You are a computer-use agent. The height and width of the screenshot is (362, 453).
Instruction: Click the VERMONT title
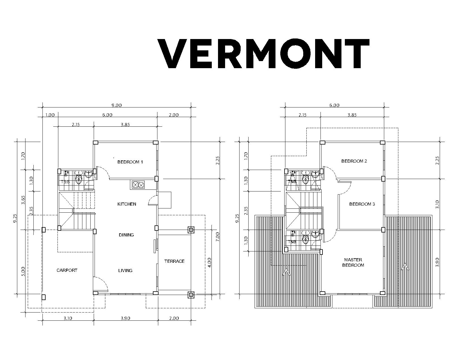[x=263, y=54]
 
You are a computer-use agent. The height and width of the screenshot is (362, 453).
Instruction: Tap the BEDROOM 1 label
[x=130, y=162]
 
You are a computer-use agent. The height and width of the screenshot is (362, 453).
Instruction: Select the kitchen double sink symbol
[x=138, y=185]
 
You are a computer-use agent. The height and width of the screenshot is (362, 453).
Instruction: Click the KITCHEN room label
[x=127, y=204]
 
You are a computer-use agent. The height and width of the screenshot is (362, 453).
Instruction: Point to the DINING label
[x=126, y=235]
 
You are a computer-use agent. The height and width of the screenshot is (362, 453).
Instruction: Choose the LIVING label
[x=125, y=270]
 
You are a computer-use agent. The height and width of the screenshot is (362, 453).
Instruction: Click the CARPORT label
[x=67, y=270]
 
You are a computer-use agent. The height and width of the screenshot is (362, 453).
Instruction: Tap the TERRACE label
[x=174, y=261]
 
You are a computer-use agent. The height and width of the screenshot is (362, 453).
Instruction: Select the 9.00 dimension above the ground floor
[x=116, y=105]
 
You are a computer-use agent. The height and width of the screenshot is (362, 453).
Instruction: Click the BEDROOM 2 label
[x=354, y=161]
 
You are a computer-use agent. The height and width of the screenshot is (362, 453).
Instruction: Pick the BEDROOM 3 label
[x=362, y=204]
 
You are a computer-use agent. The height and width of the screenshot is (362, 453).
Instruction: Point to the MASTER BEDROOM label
[x=353, y=262]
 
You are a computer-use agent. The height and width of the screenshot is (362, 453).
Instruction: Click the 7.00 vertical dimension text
[x=218, y=237]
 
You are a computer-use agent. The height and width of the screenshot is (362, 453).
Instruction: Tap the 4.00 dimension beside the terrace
[x=210, y=263]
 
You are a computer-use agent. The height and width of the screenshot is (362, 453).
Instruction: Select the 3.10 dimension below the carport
[x=68, y=318]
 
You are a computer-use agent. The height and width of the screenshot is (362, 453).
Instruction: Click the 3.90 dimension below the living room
[x=125, y=318]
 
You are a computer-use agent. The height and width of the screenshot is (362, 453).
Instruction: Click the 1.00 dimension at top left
[x=50, y=115]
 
